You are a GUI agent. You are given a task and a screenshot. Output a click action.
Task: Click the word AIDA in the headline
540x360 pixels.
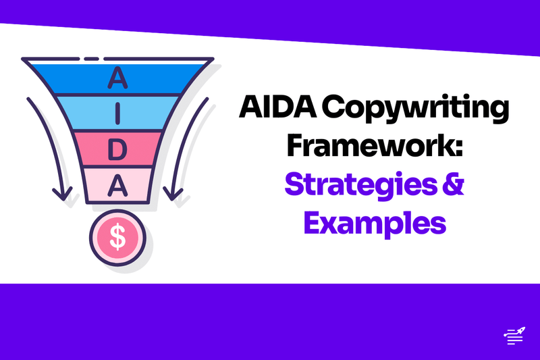pos(273,110)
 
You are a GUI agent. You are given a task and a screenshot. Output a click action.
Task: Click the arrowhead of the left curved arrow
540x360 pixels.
pos(63,196)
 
